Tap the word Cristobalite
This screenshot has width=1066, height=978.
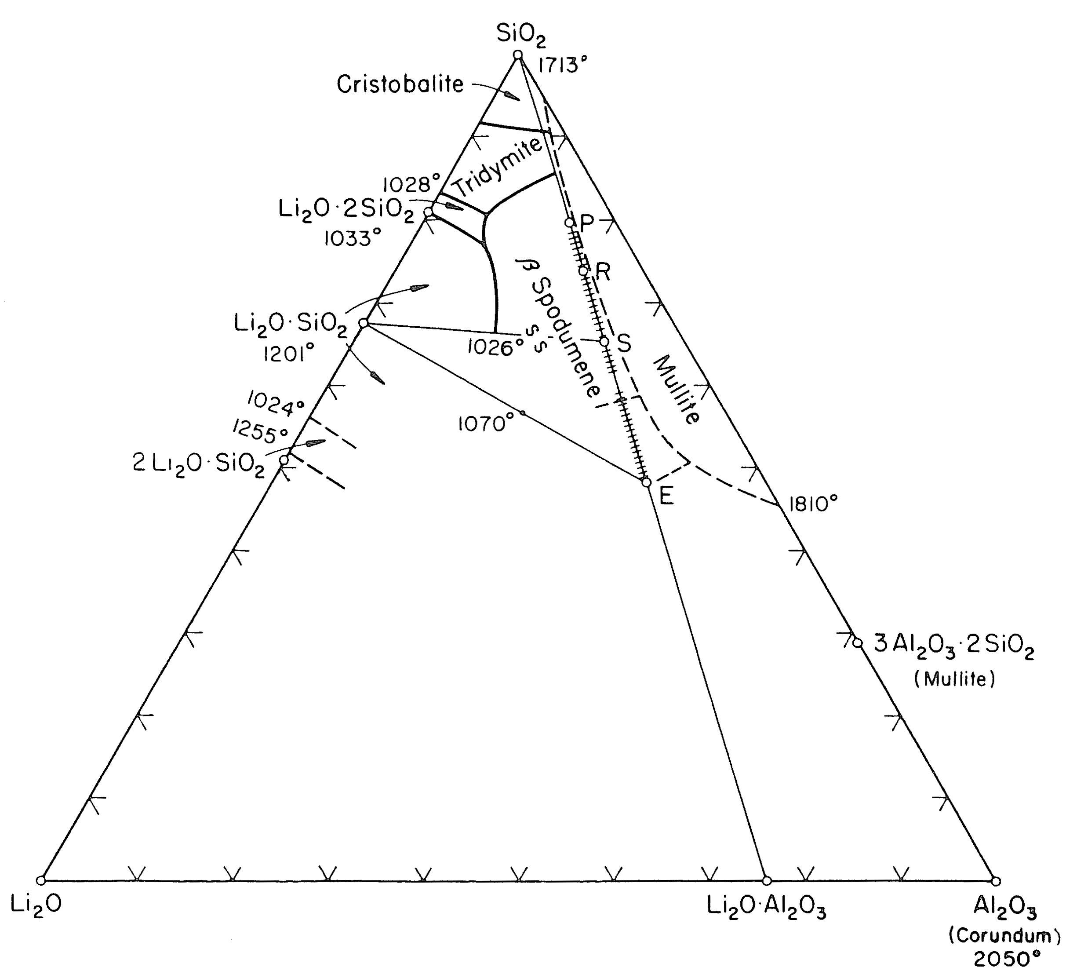pyautogui.click(x=400, y=84)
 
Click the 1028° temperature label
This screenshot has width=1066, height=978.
pyautogui.click(x=411, y=185)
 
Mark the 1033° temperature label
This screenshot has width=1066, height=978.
pyautogui.click(x=353, y=239)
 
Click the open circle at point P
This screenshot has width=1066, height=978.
pyautogui.click(x=569, y=222)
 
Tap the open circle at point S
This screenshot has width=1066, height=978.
pyautogui.click(x=604, y=341)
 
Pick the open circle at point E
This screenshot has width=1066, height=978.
pyautogui.click(x=646, y=482)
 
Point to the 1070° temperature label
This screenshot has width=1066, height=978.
pyautogui.click(x=486, y=423)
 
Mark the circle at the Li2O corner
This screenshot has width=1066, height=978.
pyautogui.click(x=41, y=881)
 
